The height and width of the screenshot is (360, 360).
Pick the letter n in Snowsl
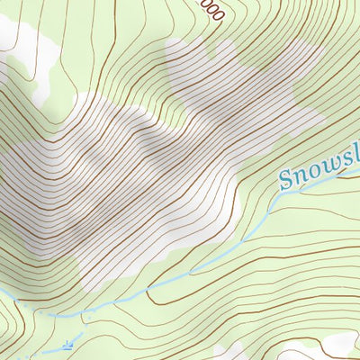301,174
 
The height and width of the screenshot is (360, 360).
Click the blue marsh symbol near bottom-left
69,345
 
